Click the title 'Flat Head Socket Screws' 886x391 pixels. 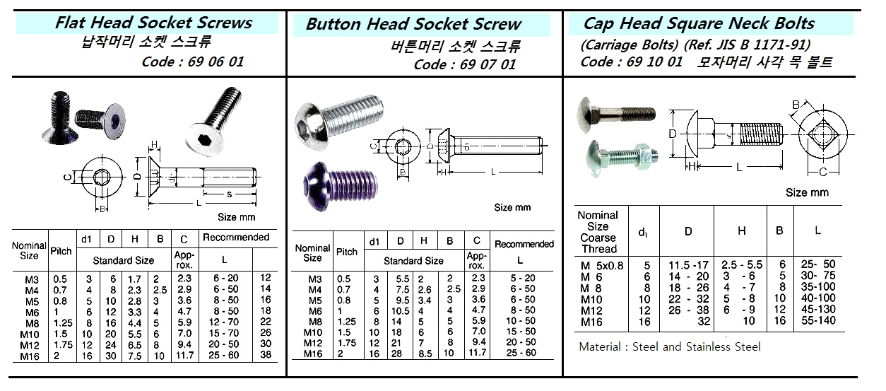pos(153,23)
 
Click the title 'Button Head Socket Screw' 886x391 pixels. pos(413,24)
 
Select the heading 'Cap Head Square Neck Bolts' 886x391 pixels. pos(698,23)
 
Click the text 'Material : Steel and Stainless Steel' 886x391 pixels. pos(670,346)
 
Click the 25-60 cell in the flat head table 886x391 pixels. pos(222,356)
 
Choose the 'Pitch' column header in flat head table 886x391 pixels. pos(61,250)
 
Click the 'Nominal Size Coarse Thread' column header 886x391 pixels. pos(598,232)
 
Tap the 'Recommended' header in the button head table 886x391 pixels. pos(524,244)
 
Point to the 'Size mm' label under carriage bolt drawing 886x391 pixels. pos(807,192)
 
